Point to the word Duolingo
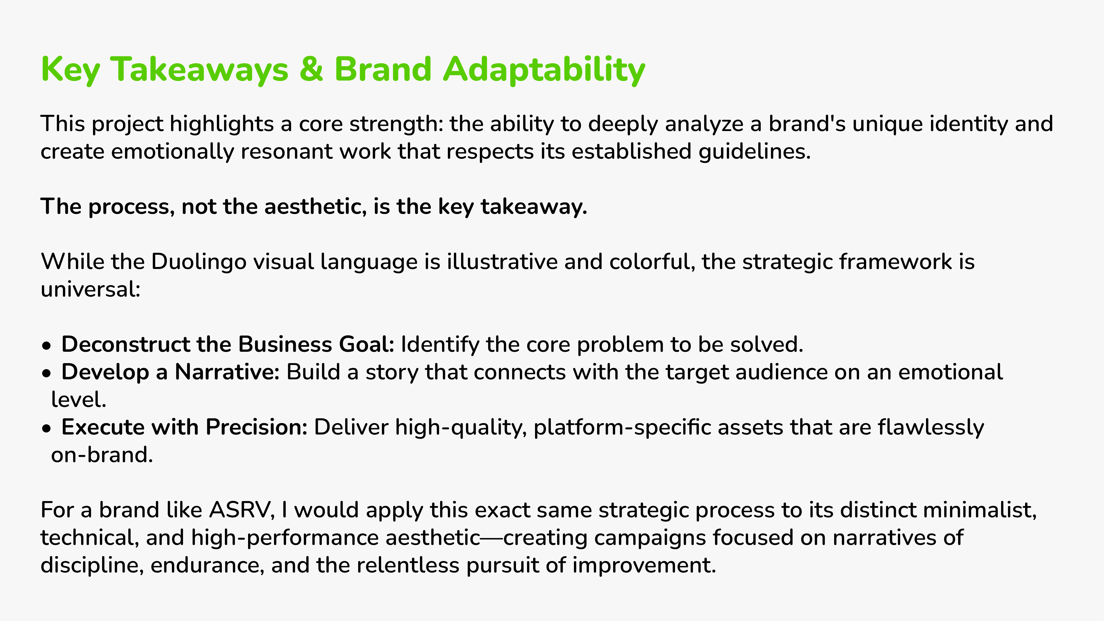click(x=199, y=262)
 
